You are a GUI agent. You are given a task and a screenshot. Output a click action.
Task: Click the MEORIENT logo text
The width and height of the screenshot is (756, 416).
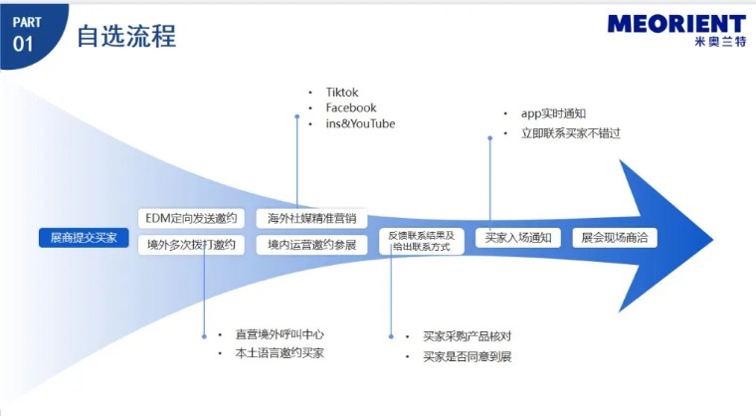click(x=675, y=24)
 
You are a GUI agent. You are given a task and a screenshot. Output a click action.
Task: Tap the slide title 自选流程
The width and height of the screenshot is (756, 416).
click(x=126, y=37)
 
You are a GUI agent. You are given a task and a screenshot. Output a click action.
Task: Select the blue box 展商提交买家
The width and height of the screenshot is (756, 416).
click(x=84, y=238)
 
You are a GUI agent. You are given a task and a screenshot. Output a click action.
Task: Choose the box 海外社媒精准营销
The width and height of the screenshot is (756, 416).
click(x=311, y=218)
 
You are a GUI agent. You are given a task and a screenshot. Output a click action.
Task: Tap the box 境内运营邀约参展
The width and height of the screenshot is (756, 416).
click(x=311, y=244)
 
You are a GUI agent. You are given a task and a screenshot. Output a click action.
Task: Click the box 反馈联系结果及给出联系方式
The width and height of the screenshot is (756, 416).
click(x=421, y=241)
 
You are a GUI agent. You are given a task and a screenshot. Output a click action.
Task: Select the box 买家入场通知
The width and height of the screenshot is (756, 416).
click(x=518, y=238)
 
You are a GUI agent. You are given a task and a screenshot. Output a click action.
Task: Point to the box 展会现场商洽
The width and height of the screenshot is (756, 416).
click(x=614, y=238)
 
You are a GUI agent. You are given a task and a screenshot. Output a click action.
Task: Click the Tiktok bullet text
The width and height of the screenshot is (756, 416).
click(x=341, y=93)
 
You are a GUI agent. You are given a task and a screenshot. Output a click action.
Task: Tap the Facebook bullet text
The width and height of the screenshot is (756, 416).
click(x=351, y=107)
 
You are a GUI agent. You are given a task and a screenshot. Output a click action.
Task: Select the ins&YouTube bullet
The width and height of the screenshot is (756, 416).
click(x=360, y=123)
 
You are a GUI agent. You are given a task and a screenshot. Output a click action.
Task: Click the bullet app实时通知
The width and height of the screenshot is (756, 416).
click(x=553, y=113)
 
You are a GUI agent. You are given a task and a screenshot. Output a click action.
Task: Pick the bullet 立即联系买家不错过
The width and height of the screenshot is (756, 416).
click(x=570, y=132)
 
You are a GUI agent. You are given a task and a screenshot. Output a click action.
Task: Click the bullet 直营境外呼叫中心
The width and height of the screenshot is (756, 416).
click(x=280, y=334)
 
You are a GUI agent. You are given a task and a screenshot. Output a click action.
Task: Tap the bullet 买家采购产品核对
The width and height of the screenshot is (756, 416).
click(x=467, y=336)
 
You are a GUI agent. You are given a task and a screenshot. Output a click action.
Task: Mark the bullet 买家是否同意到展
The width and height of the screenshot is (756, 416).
click(x=467, y=356)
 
